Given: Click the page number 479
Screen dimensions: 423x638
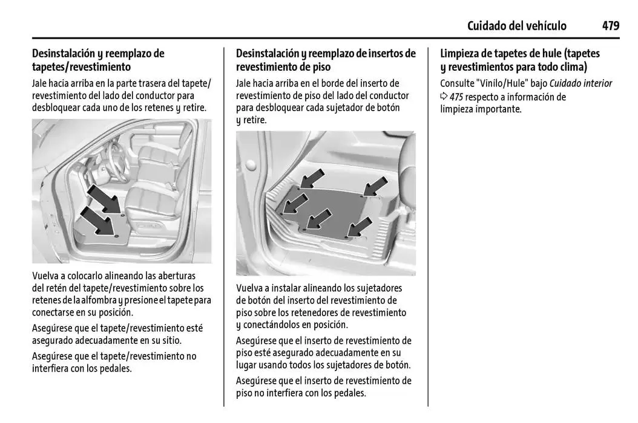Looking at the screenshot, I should pos(610,26).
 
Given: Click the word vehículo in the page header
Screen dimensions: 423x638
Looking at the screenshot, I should pos(545,26).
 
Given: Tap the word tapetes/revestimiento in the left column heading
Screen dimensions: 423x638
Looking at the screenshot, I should pos(81,66).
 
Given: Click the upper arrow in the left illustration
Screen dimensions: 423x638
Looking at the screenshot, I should pos(104,199).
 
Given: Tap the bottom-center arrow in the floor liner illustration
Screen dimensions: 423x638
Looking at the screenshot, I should pos(319,219).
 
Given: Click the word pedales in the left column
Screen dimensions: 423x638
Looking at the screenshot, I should pos(113,368).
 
